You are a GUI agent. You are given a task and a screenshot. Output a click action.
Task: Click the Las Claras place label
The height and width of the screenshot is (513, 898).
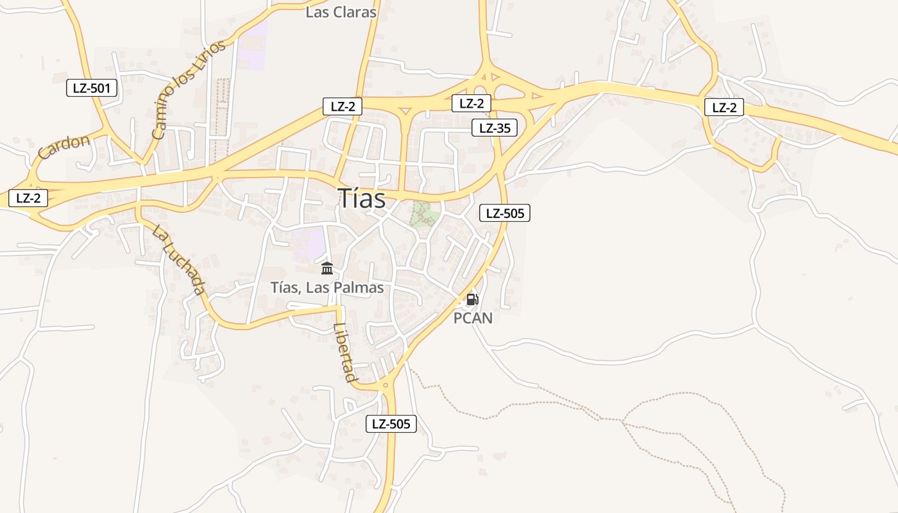coord(341,12)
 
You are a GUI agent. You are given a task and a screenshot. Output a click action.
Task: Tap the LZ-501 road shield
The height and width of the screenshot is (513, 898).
coord(92,88)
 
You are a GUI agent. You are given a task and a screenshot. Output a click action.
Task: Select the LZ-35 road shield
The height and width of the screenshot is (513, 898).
coord(494,128)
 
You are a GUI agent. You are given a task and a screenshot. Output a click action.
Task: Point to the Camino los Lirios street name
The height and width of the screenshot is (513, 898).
coord(189,89)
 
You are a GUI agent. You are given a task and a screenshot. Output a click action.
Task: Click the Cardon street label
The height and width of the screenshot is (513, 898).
coord(64,146)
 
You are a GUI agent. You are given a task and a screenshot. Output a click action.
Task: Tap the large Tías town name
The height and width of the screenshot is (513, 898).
coord(362,199)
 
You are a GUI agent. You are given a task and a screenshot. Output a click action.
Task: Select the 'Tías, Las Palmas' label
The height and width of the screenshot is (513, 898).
coord(327,287)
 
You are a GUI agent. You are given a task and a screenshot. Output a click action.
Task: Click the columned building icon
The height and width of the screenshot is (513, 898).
coord(327,268)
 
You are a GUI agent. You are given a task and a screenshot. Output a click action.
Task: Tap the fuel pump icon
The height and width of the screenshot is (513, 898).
coord(472,299)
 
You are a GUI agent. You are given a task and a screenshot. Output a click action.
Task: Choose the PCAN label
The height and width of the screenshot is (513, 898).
coord(473,317)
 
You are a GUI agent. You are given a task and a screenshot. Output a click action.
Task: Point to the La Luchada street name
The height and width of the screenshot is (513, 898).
coord(179,258)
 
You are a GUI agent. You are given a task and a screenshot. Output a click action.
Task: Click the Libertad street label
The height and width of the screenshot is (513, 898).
coord(345,352)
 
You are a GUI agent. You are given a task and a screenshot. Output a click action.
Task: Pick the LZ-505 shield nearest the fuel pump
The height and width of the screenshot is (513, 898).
coord(505,214)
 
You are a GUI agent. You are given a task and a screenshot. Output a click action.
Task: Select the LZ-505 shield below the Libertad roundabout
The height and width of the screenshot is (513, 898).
coord(391,423)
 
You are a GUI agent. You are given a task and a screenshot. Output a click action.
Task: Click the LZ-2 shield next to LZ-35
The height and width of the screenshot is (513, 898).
coord(471,103)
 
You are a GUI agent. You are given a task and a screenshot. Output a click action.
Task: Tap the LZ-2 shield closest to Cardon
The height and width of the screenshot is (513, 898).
coord(28,198)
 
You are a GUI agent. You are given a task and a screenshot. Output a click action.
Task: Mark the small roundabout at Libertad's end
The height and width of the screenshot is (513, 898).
coord(385,385)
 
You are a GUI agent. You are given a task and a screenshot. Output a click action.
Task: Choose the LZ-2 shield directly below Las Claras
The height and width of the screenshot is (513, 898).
coord(343,106)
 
